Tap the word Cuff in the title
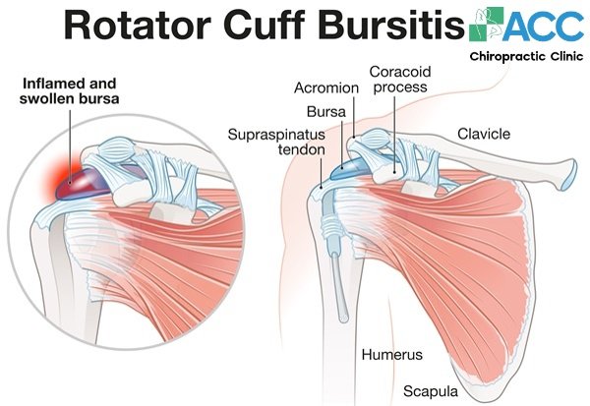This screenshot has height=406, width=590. [265, 25]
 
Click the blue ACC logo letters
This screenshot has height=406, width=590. [543, 26]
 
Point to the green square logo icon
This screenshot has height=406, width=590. [487, 24]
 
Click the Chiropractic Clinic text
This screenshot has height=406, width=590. [526, 57]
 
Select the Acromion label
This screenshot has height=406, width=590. [326, 88]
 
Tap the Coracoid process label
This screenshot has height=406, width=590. [400, 79]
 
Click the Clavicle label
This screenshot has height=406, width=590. [484, 134]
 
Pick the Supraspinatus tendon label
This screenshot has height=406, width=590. [276, 142]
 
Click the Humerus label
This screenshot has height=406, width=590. [392, 355]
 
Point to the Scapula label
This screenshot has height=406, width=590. [431, 391]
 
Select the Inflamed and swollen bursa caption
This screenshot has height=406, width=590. [70, 91]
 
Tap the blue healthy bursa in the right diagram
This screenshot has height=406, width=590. [346, 168]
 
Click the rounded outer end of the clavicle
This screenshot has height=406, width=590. [568, 175]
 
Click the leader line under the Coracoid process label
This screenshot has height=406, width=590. [394, 135]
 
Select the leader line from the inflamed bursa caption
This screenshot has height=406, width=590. [70, 147]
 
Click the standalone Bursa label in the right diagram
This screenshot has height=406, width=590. [326, 112]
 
